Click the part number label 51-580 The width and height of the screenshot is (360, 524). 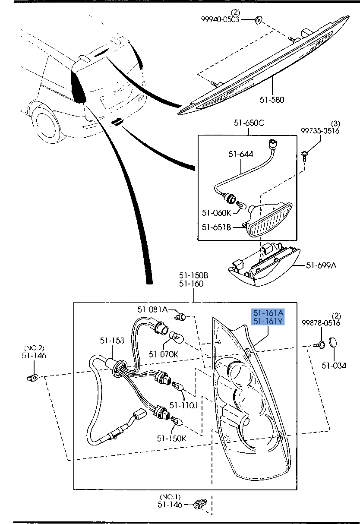click(272, 100)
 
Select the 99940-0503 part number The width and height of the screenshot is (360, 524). click(220, 19)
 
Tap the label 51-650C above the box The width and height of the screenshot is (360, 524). click(249, 123)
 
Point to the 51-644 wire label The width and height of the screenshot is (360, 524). click(241, 154)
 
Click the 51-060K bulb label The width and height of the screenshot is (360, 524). click(217, 212)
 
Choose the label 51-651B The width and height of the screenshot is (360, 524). click(217, 227)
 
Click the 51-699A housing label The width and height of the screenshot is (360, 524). click(321, 265)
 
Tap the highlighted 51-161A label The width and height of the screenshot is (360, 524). click(268, 313)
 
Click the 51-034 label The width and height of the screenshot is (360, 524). click(334, 366)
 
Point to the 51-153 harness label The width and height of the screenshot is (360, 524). click(112, 341)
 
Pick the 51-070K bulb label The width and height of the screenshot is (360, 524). click(164, 354)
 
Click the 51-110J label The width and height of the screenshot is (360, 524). click(183, 405)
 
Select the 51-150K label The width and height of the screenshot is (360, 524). click(171, 438)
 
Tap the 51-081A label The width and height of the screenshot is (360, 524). click(152, 309)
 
